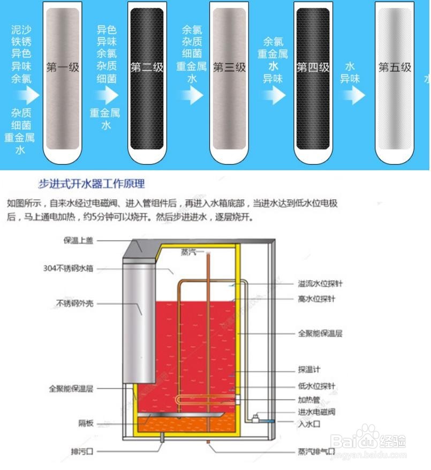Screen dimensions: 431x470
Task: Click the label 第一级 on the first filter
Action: coord(63,68)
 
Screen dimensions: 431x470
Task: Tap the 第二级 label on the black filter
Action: coord(147,68)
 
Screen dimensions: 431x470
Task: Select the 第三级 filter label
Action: coord(229,68)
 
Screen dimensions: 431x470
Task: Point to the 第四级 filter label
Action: coord(313,68)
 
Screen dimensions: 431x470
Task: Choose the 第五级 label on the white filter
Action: coord(395,68)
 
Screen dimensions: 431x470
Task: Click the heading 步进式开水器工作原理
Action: coord(92,184)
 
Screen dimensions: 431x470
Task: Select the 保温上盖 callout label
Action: coord(78,240)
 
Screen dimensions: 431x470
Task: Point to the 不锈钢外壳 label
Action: coord(75,303)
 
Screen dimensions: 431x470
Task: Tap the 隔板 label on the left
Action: coord(86,423)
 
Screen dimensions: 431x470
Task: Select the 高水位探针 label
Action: coord(316,299)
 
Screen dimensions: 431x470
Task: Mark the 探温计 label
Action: coord(309,369)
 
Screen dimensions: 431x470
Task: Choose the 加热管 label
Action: coord(309,399)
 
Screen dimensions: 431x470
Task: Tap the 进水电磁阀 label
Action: coord(316,412)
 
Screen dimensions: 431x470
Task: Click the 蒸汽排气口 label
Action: coord(316,451)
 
